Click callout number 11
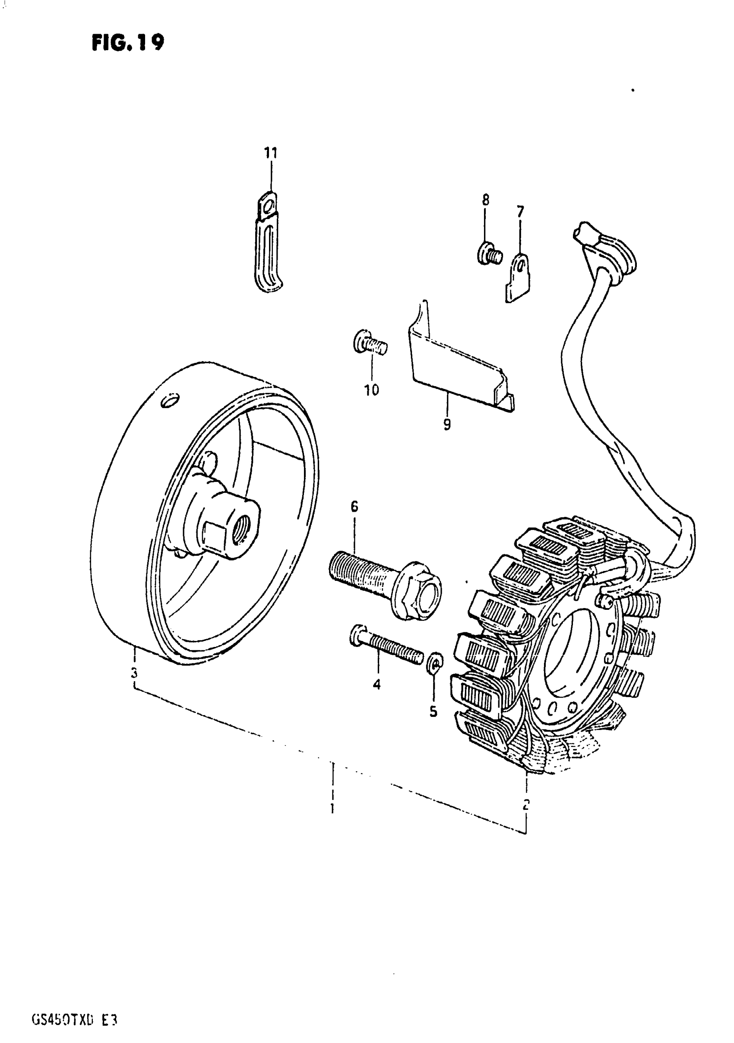(271, 153)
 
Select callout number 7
(520, 211)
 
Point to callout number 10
(372, 390)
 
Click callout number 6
(354, 506)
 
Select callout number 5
(433, 711)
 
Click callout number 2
(526, 805)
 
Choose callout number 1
(332, 808)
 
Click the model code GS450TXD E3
(75, 1007)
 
